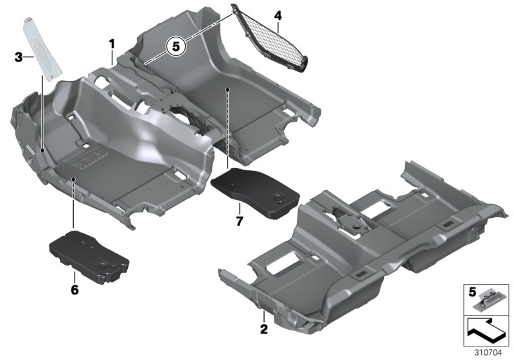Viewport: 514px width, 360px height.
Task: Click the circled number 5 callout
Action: [175, 46]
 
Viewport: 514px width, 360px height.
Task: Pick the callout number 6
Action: [75, 290]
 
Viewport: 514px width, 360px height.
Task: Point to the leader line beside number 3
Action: [31, 58]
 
